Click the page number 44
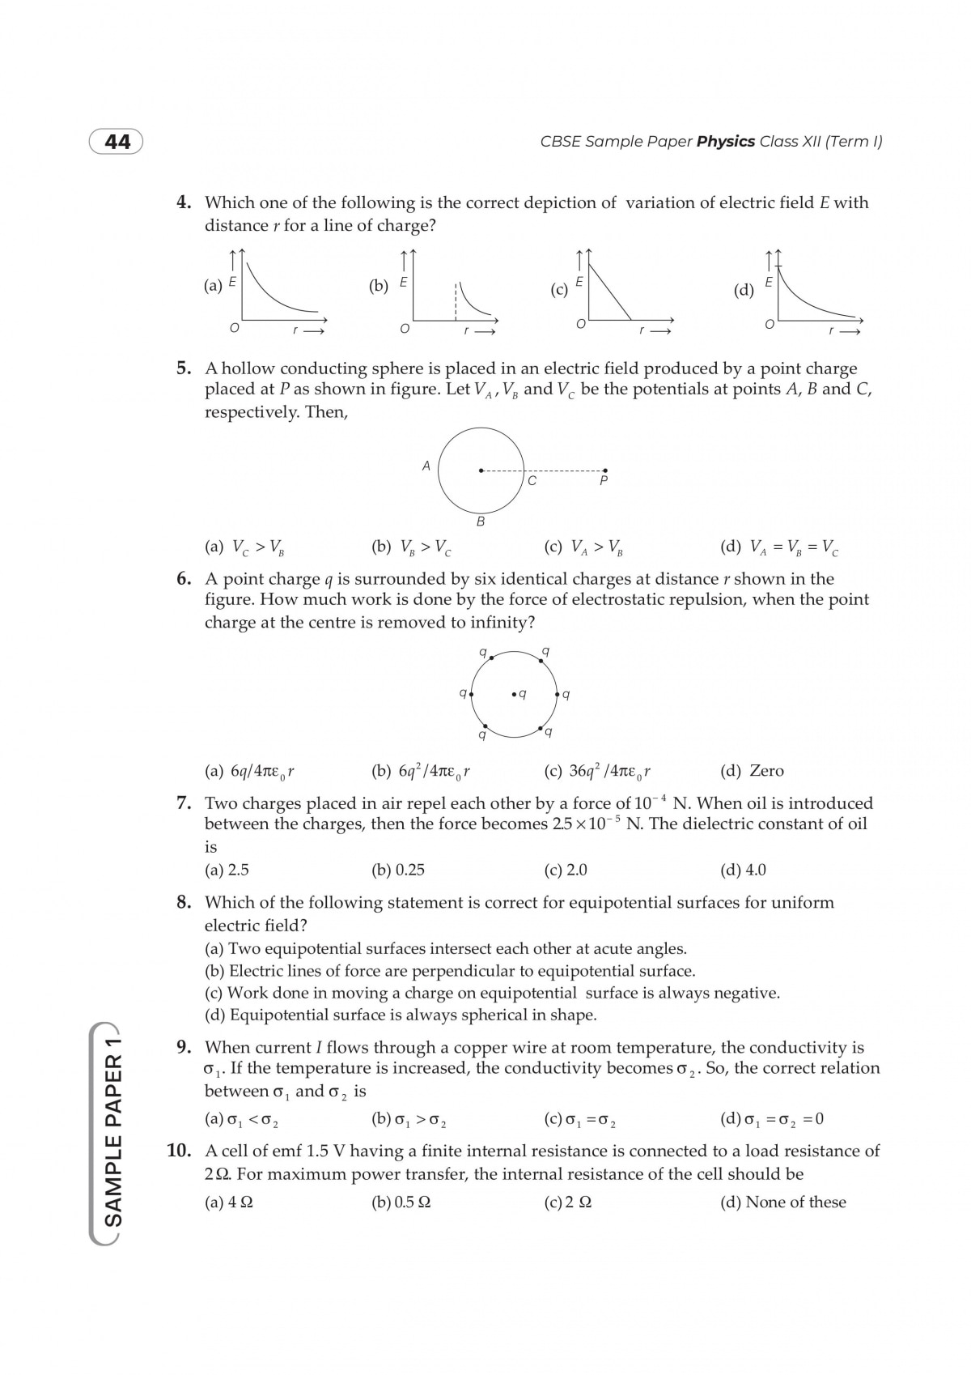117,142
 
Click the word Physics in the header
726,142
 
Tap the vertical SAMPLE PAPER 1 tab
114,1134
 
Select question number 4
184,202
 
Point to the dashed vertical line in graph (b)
456,300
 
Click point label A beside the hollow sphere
426,466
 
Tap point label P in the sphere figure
604,481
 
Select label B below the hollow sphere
481,522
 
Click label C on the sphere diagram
532,481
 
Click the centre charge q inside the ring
519,694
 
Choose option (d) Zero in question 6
752,771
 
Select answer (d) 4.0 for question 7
743,870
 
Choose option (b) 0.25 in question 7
398,870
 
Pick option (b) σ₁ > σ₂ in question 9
410,1120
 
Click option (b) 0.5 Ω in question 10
401,1203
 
